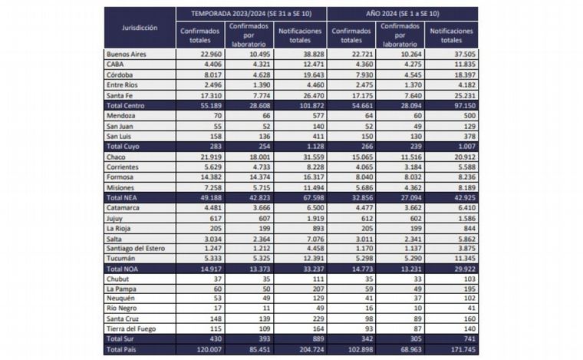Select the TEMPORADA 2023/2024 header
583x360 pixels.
[x=251, y=13]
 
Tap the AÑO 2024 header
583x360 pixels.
[x=402, y=13]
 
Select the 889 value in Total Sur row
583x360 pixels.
[x=298, y=338]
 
